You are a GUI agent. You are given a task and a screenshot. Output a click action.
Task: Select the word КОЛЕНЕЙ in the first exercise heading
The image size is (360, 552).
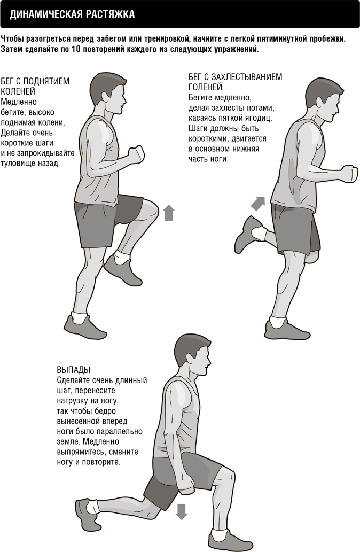pyautogui.click(x=18, y=91)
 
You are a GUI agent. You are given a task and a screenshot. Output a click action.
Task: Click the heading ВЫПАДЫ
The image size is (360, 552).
pyautogui.click(x=74, y=370)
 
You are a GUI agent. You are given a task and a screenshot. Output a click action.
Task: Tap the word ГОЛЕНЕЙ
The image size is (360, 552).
pyautogui.click(x=206, y=87)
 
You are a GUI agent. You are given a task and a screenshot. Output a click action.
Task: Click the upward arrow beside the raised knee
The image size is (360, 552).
pyautogui.click(x=169, y=213)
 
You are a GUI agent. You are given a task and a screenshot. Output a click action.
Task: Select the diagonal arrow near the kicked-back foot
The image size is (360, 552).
pyautogui.click(x=258, y=204)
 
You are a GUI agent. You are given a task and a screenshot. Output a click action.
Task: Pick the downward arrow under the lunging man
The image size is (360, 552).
pyautogui.click(x=181, y=511)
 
